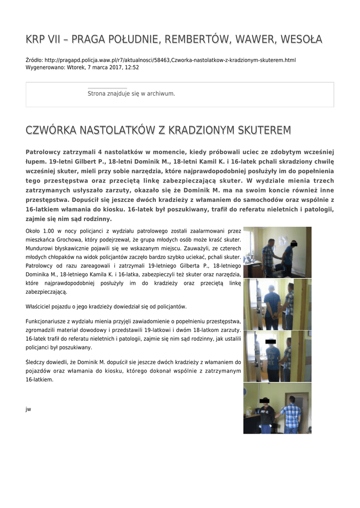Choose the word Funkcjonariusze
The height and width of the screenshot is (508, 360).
pos(48,320)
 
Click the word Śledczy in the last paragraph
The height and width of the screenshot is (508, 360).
pos(36,362)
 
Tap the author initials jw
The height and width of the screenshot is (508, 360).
pos(28,409)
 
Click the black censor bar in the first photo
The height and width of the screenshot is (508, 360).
pos(290,244)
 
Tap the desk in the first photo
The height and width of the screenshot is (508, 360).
pos(254,268)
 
